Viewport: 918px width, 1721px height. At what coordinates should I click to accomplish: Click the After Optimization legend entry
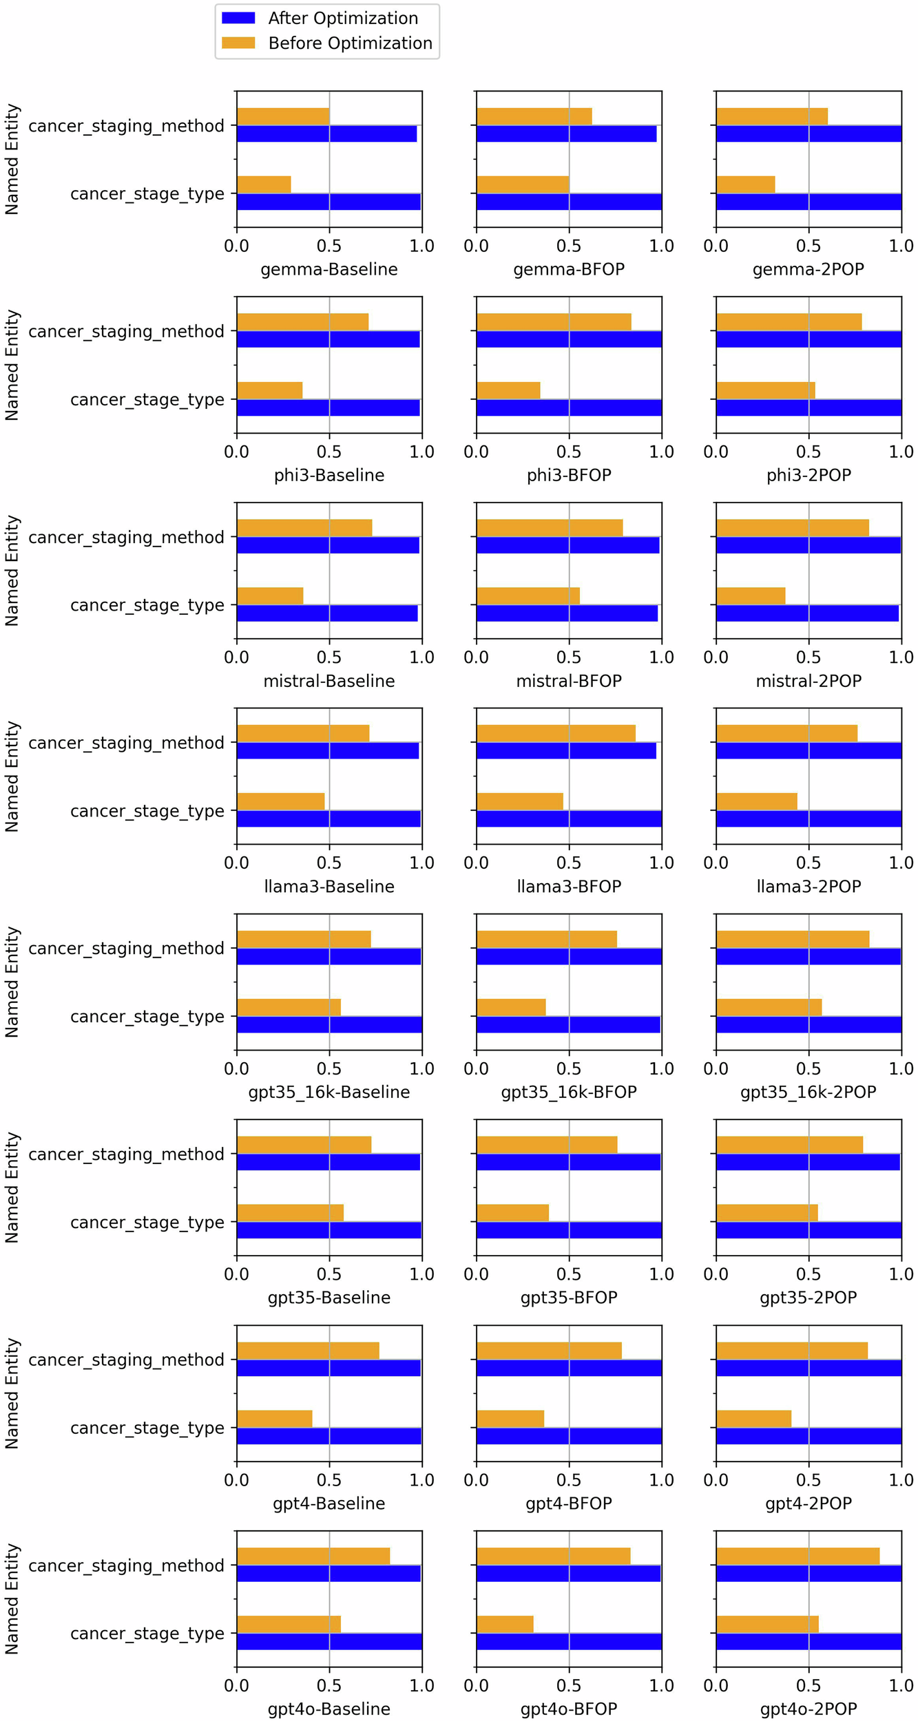(342, 19)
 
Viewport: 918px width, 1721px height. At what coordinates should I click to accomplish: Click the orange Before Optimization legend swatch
(238, 43)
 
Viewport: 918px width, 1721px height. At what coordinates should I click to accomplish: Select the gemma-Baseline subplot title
(329, 269)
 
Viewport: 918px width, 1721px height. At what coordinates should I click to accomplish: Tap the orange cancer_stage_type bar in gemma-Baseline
(264, 184)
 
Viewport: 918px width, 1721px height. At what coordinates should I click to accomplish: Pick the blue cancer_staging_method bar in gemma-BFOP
(566, 134)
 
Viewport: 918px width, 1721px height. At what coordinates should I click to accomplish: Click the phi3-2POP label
(809, 475)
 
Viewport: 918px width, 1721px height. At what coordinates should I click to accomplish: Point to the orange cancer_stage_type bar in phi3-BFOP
(508, 390)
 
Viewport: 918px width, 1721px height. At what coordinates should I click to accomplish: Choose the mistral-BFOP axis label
(569, 681)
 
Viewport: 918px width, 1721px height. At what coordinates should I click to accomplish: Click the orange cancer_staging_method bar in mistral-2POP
(792, 528)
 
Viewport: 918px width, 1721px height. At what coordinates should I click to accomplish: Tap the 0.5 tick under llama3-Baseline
(329, 863)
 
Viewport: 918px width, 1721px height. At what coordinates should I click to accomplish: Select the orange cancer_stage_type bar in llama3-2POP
(756, 801)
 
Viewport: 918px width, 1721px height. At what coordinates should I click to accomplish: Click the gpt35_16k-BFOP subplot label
(569, 1092)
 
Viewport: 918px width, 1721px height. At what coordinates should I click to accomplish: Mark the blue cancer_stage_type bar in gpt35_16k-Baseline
(329, 1024)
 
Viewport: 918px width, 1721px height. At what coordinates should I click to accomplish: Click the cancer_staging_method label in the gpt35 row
(127, 1154)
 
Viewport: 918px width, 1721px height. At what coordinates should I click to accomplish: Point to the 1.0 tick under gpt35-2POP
(901, 1274)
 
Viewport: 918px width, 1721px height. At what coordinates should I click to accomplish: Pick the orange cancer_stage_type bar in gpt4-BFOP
(510, 1419)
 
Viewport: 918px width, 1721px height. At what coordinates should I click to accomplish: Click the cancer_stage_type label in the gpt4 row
(147, 1428)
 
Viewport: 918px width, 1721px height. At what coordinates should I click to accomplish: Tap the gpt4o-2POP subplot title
(809, 1709)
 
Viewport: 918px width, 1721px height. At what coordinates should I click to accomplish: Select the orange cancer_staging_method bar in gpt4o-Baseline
(313, 1556)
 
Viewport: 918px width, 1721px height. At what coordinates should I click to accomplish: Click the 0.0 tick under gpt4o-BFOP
(477, 1685)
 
